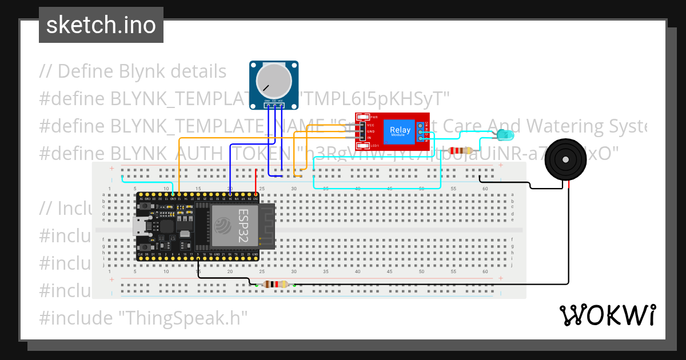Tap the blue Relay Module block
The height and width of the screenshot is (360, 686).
400,131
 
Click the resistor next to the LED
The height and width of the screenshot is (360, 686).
460,151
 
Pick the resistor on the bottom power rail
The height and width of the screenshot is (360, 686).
275,284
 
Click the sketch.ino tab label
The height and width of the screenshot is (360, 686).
101,25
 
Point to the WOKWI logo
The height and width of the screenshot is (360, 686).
607,315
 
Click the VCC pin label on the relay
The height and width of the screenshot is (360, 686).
370,125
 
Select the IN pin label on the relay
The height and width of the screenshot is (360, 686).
369,138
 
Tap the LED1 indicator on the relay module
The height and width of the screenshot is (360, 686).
374,146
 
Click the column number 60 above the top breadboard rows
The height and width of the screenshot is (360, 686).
485,188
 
